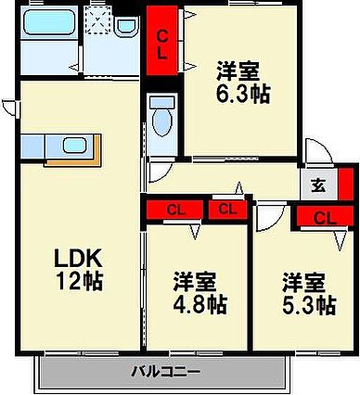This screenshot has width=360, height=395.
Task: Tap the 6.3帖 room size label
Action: [243, 81]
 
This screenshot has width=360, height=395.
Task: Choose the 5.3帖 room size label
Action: [307, 290]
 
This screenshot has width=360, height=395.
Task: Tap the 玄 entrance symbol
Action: [317, 185]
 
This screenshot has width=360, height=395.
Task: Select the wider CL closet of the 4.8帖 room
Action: [174, 210]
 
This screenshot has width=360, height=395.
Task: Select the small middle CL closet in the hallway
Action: [225, 210]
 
